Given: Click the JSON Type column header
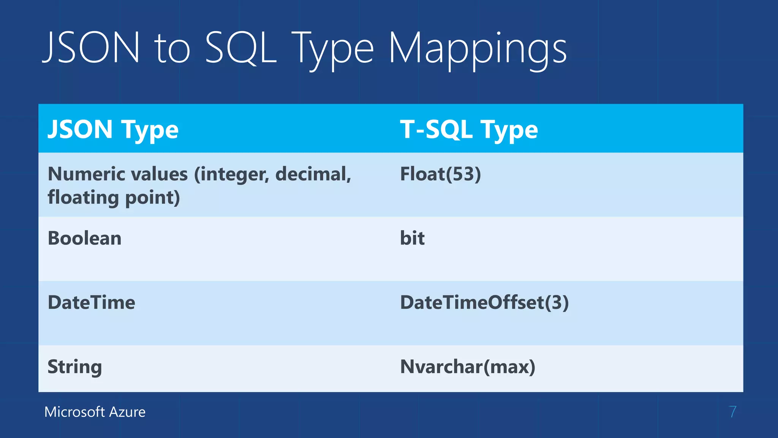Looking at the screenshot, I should (113, 129).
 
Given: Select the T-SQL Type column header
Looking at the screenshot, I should (469, 129).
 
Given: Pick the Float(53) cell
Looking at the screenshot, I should (440, 174).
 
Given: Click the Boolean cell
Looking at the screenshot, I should (84, 238).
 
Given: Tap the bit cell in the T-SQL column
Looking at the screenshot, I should (412, 238).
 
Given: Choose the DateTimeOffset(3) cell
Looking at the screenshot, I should (484, 303).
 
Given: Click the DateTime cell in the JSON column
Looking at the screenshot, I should (91, 303).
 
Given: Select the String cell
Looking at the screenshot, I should (74, 367).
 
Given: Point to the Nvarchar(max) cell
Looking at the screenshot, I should (468, 367).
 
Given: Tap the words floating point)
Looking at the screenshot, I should (114, 198).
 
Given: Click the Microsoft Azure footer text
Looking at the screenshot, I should (95, 412).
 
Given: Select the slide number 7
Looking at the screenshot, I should (732, 412).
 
